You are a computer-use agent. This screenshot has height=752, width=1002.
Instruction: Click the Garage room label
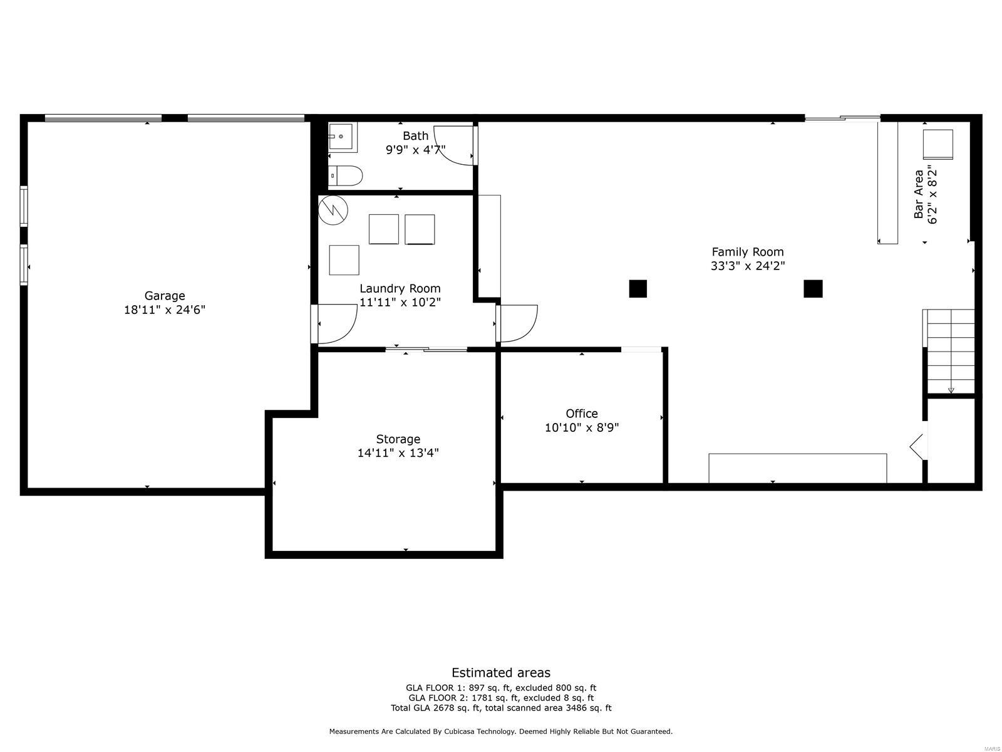(165, 296)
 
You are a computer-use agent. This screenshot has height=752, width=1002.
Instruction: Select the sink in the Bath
(342, 137)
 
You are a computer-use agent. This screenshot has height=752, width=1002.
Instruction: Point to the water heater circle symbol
(332, 211)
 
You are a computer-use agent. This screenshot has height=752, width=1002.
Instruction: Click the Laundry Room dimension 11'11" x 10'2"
(400, 302)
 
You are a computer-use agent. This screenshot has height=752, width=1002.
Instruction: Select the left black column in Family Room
(638, 289)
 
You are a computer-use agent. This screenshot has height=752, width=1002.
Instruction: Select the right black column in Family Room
(813, 289)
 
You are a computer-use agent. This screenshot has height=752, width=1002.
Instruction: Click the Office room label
(582, 414)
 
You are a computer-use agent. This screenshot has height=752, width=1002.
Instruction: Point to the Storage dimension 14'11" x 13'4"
(398, 453)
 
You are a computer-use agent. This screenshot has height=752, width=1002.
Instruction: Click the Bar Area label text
(919, 194)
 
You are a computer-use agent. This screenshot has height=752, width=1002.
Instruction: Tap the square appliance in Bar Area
(937, 144)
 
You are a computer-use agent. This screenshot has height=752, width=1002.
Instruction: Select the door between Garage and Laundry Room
(334, 323)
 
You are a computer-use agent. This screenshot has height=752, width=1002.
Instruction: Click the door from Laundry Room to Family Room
(516, 323)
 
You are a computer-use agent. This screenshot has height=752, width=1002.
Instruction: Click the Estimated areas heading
(501, 673)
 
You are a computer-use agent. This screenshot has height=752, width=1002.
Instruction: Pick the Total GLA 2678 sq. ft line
(501, 708)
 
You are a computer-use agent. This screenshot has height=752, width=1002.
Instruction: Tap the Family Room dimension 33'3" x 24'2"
(748, 266)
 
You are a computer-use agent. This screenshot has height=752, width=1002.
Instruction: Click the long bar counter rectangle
(887, 182)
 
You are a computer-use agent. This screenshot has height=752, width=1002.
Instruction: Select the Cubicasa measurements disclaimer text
(501, 731)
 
